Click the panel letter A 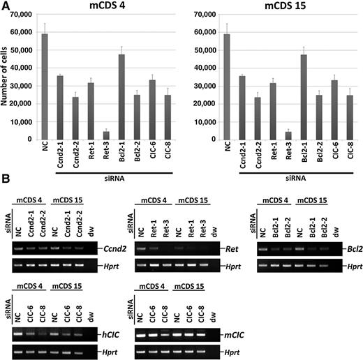(6, 6)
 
